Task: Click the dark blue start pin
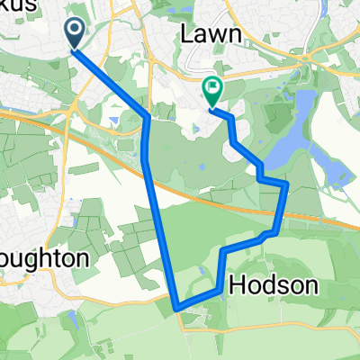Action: click(74, 34)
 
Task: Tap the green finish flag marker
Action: click(213, 90)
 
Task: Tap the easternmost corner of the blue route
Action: click(287, 184)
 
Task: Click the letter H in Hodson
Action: click(238, 286)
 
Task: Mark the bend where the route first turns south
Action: click(147, 117)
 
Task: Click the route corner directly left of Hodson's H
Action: click(219, 289)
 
